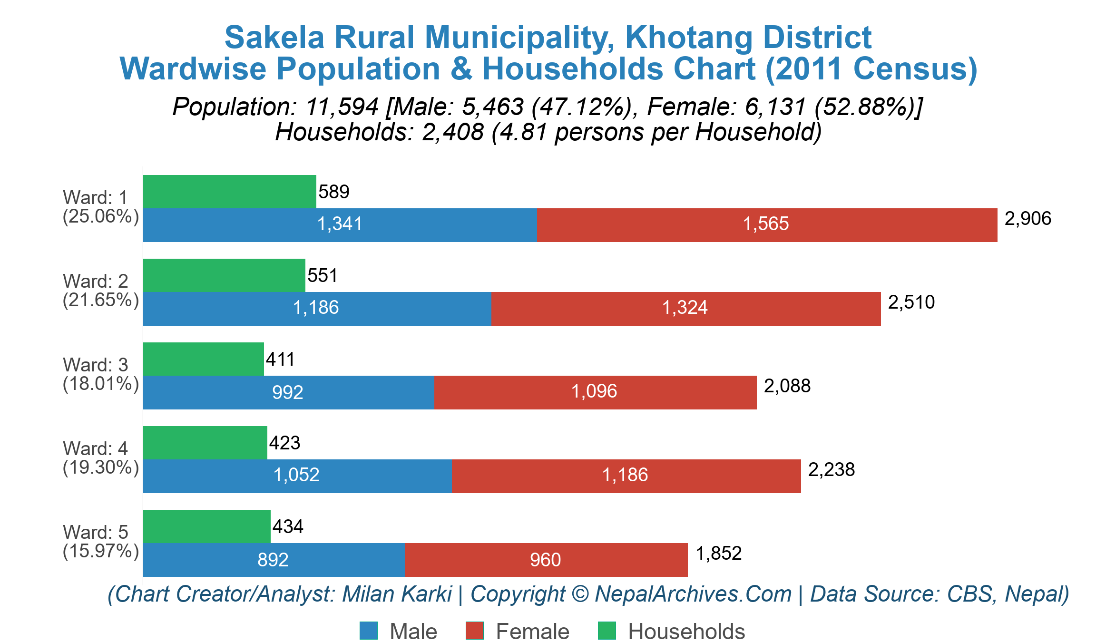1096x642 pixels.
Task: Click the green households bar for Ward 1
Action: point(229,192)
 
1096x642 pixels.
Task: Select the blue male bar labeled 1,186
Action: point(317,308)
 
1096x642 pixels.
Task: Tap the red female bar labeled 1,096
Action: point(595,392)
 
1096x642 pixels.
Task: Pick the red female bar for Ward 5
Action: point(546,560)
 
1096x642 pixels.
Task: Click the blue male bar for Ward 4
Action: point(297,476)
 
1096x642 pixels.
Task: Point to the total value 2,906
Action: point(1027,219)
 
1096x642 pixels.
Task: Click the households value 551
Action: point(323,276)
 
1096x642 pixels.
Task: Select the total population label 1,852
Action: point(718,554)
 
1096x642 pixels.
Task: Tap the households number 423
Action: point(284,443)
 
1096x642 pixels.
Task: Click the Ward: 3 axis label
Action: point(95,365)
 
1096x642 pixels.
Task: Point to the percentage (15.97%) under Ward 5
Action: point(101,551)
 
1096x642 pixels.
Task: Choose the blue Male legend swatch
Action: point(369,631)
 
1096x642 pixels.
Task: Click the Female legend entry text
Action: point(532,632)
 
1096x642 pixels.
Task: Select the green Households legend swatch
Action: point(607,631)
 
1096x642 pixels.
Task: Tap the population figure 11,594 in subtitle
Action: point(342,107)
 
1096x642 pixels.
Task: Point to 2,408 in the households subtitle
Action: point(453,132)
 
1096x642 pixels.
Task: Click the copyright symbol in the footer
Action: point(580,594)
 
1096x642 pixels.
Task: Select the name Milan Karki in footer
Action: point(397,594)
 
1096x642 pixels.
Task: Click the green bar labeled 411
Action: point(203,359)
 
